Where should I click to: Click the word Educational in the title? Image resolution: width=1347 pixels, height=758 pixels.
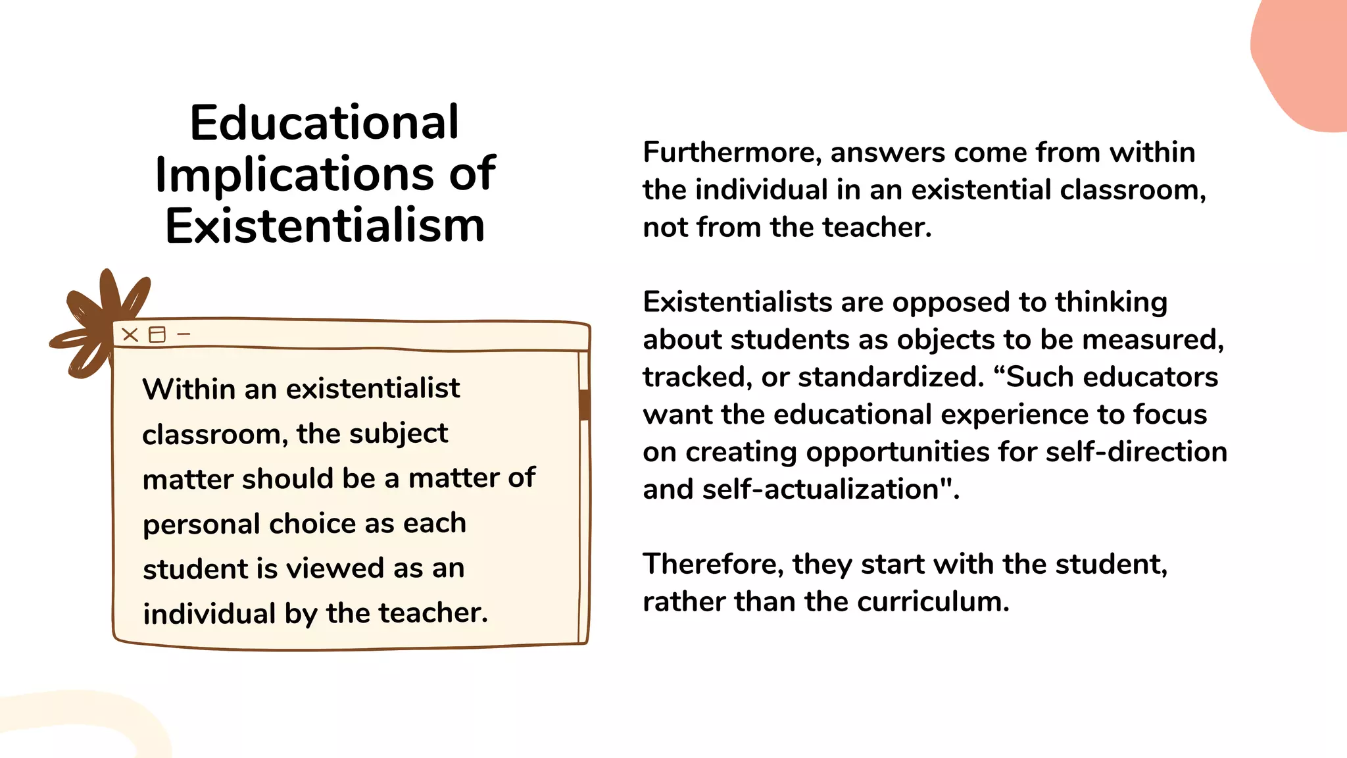pyautogui.click(x=324, y=123)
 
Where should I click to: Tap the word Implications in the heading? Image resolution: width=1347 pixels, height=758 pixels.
pyautogui.click(x=294, y=175)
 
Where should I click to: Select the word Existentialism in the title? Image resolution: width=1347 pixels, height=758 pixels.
pyautogui.click(x=325, y=226)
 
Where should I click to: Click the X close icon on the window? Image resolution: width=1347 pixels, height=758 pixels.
pyautogui.click(x=130, y=335)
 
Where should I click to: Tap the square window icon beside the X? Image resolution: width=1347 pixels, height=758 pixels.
pyautogui.click(x=157, y=335)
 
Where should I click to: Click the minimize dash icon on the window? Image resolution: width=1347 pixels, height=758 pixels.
pyautogui.click(x=184, y=334)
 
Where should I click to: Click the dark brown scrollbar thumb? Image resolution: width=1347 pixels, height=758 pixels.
pyautogui.click(x=583, y=404)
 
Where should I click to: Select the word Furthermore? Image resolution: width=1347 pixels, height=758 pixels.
pyautogui.click(x=731, y=153)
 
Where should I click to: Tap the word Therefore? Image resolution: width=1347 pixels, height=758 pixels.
pyautogui.click(x=713, y=565)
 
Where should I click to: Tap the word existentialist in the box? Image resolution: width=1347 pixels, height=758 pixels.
pyautogui.click(x=373, y=389)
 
